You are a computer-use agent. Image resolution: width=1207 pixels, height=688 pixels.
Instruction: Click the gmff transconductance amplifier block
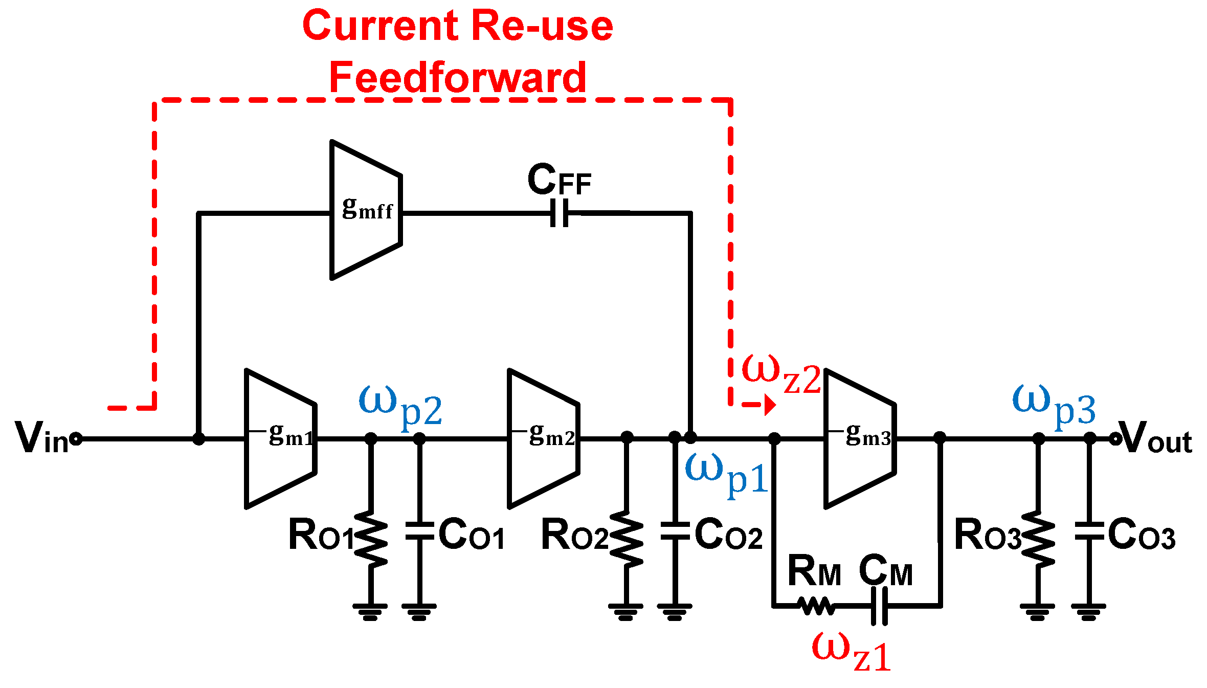pos(366,210)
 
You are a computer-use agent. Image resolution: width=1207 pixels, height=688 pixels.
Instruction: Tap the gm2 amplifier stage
pos(544,439)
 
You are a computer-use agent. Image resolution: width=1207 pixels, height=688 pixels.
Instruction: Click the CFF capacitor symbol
pos(560,213)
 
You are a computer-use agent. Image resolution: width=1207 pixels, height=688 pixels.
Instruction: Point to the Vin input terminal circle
pos(76,439)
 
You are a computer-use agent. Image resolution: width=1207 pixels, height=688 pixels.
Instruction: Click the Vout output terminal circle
pos(1115,439)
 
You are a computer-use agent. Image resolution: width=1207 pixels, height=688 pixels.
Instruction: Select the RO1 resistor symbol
pos(371,538)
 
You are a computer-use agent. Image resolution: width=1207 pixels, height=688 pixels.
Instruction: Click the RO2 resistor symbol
pos(626,538)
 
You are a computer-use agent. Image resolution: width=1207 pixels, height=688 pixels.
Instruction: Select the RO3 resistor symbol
pos(1038,538)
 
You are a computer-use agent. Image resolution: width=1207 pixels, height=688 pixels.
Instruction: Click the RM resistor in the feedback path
pos(817,606)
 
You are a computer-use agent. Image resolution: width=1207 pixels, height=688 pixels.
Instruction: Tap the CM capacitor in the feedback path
pos(879,606)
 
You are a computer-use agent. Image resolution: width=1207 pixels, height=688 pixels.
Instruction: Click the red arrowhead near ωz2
pos(770,405)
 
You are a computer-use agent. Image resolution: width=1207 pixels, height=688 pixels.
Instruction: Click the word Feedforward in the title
pos(458,78)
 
